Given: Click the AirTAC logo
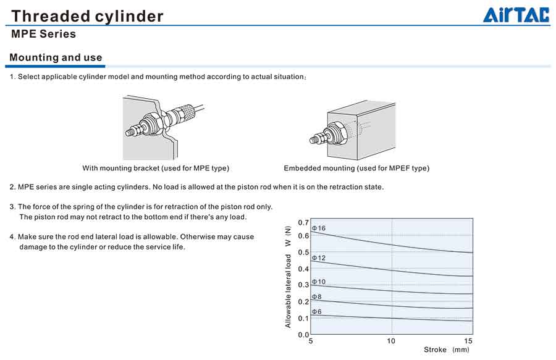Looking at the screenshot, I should click(516, 15).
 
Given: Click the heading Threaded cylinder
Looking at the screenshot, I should click(87, 16).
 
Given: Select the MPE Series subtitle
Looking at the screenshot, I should click(43, 34).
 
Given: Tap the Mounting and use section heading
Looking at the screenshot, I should click(56, 57).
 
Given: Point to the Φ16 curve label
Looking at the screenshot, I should click(318, 228).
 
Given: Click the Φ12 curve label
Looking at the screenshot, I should click(318, 257).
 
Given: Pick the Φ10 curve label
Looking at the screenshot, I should click(318, 282).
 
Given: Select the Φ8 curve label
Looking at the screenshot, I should click(316, 297).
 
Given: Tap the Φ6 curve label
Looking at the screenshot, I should click(316, 312).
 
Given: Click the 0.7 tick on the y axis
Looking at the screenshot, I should click(303, 222).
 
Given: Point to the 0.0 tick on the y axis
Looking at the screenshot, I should click(303, 335).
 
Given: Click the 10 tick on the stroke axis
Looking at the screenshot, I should click(391, 341).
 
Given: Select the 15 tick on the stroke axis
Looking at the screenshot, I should click(468, 341).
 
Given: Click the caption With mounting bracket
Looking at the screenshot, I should click(156, 168).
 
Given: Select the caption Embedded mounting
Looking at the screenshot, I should click(356, 168).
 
